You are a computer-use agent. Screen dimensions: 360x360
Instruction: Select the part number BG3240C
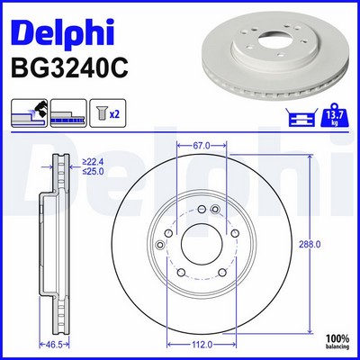coord(69,68)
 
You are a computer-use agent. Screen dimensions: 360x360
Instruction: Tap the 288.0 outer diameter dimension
coord(310,245)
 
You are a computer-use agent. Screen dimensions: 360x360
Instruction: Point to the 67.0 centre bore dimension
coord(202,146)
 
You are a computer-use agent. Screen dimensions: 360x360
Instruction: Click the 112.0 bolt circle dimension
coord(202,345)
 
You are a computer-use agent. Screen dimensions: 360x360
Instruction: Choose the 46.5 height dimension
coord(55,345)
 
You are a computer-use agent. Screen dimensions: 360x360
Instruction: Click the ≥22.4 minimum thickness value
coord(93,162)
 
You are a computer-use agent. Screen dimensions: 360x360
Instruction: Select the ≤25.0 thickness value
coord(93,172)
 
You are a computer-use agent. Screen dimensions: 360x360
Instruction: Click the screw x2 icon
coord(108,113)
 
